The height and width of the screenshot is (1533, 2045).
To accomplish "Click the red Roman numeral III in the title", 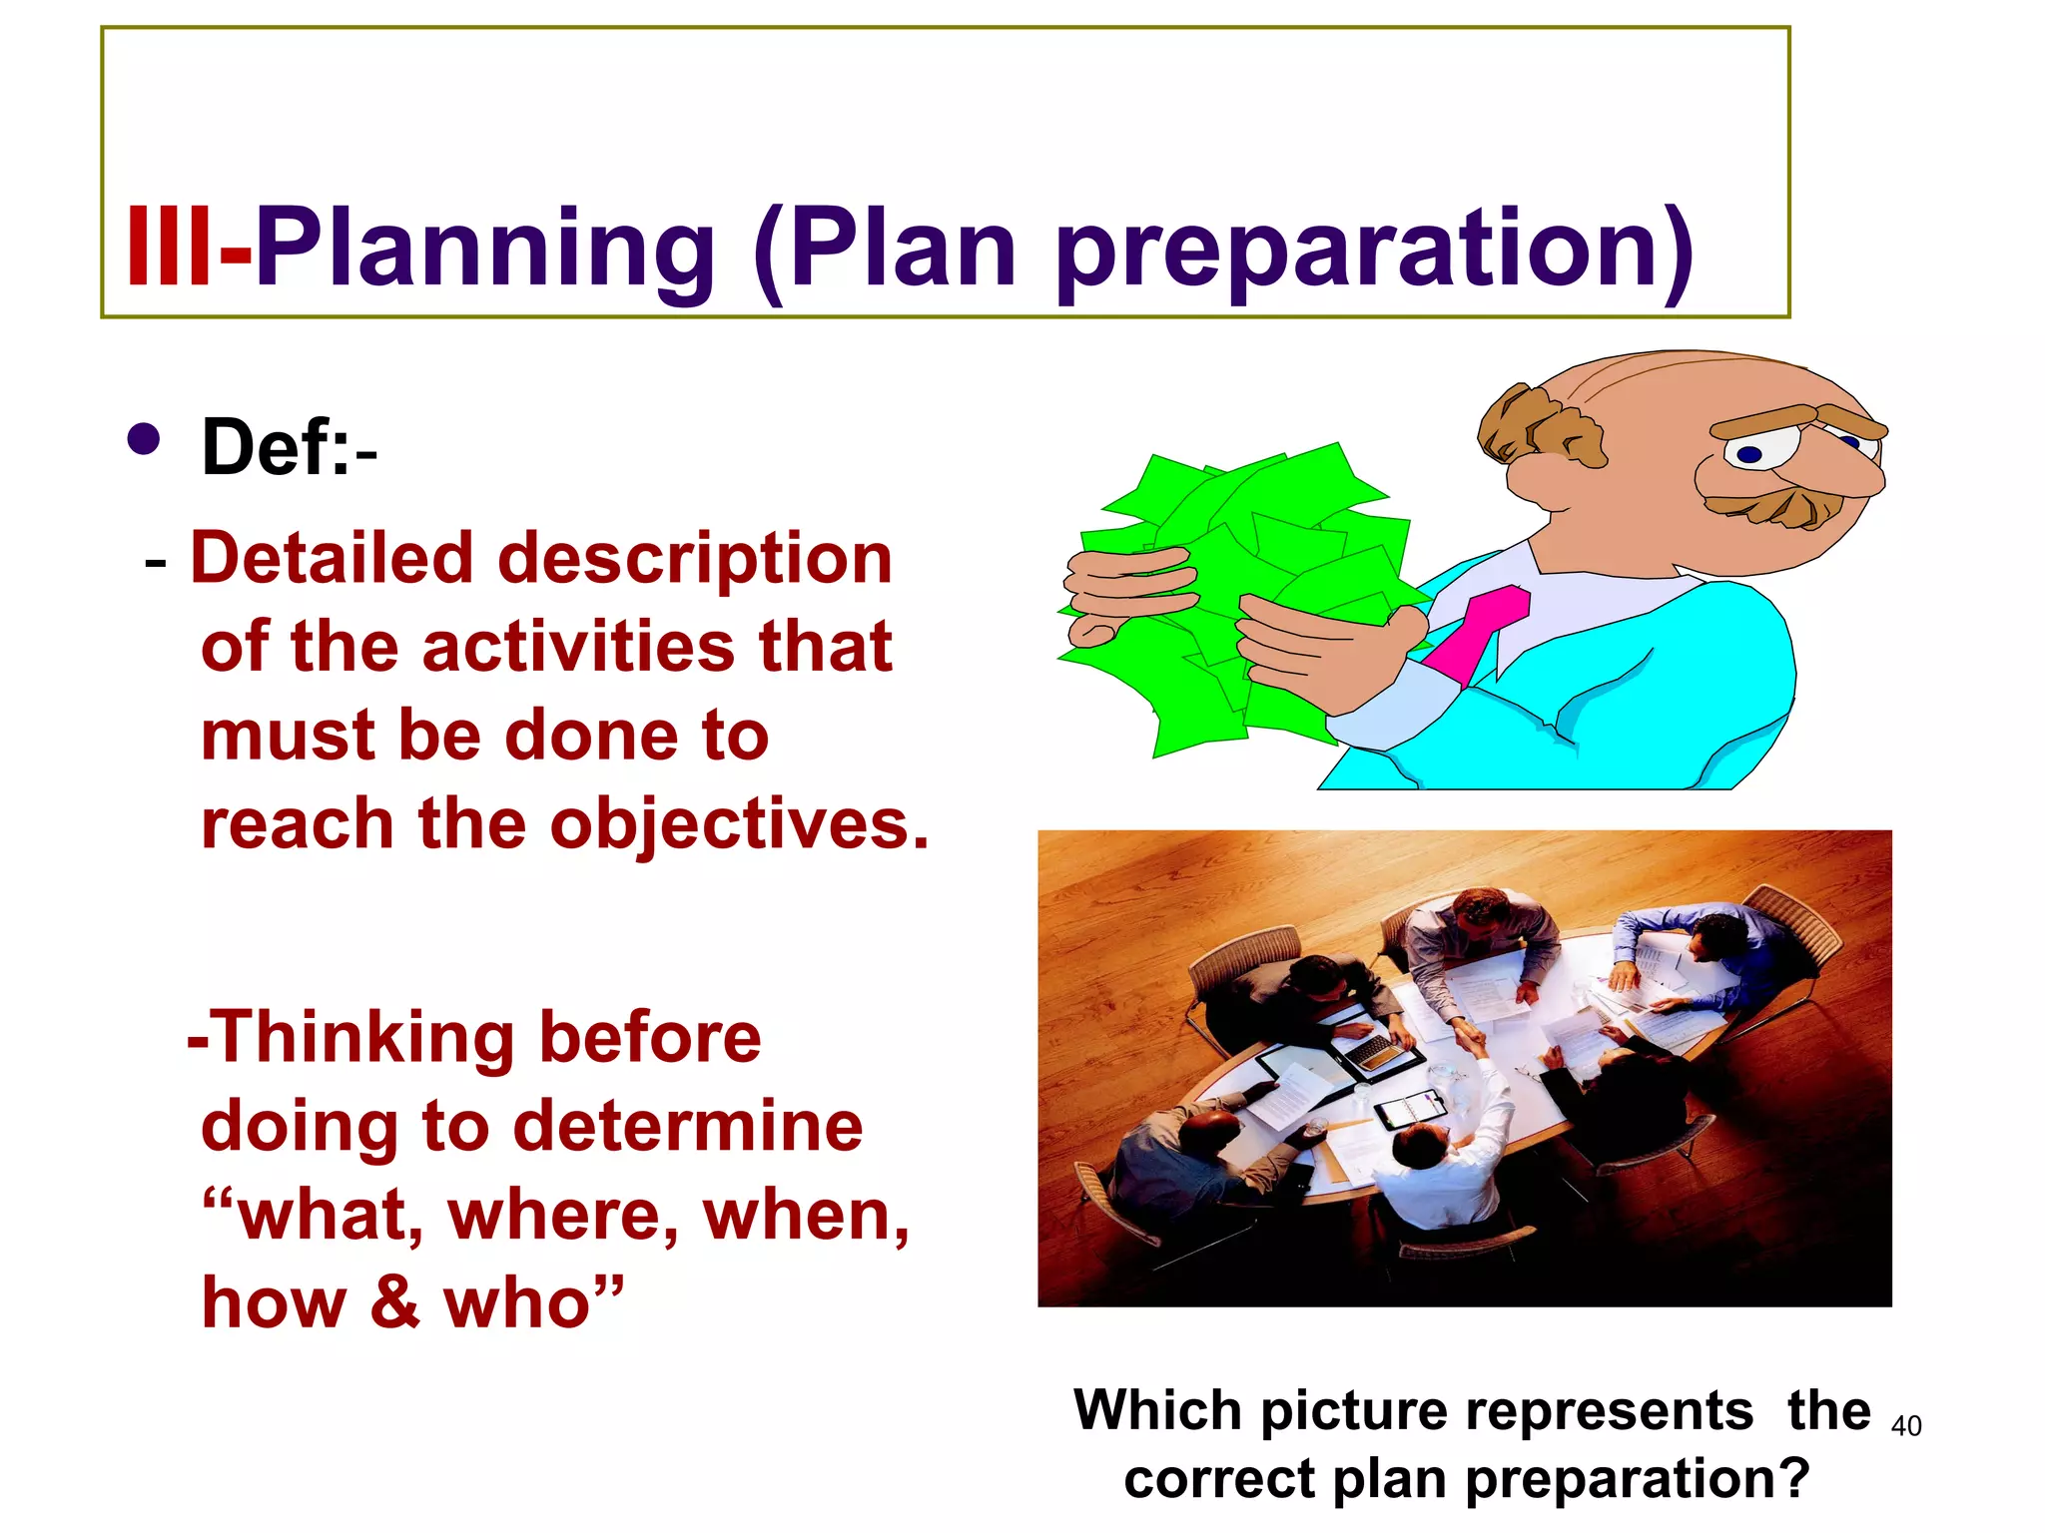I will click(168, 247).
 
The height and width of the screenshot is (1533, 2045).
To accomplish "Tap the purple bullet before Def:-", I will click(145, 439).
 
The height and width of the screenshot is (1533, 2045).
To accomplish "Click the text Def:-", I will click(289, 448).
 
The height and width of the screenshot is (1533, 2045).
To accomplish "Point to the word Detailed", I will click(331, 558).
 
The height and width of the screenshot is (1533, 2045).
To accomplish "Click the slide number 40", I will click(1906, 1426).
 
